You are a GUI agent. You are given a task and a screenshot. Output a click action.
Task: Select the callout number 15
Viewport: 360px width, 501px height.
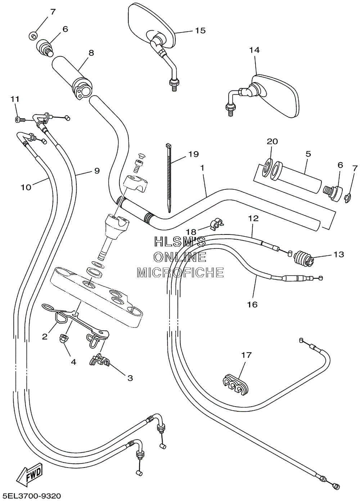200,30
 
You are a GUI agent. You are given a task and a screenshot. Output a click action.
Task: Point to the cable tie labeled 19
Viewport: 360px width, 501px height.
169,178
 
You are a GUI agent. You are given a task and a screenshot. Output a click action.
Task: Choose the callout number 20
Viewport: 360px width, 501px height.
272,141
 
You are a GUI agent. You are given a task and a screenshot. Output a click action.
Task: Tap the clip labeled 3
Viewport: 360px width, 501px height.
99,361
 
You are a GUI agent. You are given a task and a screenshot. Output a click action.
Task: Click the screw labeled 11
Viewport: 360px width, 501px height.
21,120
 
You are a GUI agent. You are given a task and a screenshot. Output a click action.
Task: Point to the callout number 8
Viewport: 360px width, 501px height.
91,53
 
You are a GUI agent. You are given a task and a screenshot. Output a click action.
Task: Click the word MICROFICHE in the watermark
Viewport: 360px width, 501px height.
180,272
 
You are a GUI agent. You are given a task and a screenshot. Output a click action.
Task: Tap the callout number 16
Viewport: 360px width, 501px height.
252,304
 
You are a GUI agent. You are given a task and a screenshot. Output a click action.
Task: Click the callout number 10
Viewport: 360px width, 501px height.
26,187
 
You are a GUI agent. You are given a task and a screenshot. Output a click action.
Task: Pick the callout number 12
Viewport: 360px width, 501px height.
253,218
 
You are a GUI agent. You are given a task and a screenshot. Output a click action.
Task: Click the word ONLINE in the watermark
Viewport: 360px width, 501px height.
180,257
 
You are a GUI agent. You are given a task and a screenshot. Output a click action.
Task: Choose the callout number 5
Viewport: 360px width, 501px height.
308,154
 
